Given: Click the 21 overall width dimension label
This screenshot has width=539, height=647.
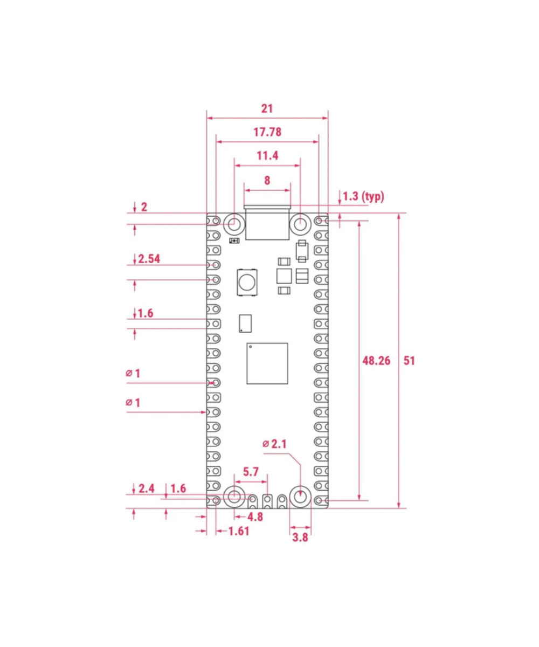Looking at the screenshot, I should [267, 108].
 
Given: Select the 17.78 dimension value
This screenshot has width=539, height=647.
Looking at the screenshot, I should [267, 132].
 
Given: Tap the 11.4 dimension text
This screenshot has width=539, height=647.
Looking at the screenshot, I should [267, 156].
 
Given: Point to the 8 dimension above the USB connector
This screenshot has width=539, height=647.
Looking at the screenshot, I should [267, 180].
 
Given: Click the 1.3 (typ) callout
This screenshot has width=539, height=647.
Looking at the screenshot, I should [363, 196].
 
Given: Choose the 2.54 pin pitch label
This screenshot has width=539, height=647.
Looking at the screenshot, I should [149, 259].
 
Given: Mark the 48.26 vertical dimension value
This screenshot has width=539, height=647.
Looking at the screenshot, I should [376, 361].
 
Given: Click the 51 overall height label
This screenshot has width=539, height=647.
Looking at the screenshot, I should [410, 361].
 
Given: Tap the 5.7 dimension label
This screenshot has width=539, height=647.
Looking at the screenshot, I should [251, 472].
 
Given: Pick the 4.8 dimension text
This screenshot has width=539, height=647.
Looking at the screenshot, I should [255, 517].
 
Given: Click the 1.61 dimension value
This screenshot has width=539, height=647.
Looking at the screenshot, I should [239, 532].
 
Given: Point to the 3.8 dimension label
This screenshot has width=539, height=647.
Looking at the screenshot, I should [300, 537].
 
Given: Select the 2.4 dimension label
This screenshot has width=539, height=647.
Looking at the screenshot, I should [147, 488].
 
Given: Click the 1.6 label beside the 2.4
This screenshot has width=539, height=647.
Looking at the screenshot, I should [178, 488].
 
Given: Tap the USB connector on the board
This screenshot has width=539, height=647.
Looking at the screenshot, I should [267, 224].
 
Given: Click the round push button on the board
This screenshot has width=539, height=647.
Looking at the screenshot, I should [247, 282].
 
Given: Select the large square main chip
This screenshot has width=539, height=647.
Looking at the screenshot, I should [267, 363].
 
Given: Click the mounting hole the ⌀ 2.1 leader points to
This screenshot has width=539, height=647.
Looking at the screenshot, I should [300, 497].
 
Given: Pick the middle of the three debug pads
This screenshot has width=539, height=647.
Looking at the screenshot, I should [267, 502].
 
